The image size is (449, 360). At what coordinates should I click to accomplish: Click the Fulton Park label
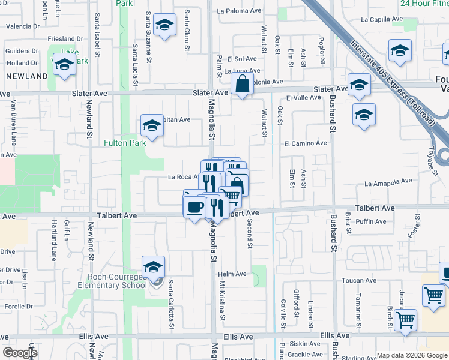tap(124, 143)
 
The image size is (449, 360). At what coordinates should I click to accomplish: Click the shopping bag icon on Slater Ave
tap(241, 86)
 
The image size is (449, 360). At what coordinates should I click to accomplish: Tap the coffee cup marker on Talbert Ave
tap(194, 208)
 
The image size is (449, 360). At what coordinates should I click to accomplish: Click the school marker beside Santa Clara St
tap(164, 25)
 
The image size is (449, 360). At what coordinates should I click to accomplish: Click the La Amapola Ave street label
tap(388, 181)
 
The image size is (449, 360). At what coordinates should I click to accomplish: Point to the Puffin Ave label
tap(368, 221)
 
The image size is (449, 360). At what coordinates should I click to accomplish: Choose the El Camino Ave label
tap(306, 143)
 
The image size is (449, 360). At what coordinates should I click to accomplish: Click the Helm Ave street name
tap(232, 274)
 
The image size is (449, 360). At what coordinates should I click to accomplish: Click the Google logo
tap(20, 353)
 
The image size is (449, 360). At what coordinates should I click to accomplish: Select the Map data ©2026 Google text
tap(412, 355)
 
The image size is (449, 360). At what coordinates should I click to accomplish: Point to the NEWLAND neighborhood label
tap(26, 76)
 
